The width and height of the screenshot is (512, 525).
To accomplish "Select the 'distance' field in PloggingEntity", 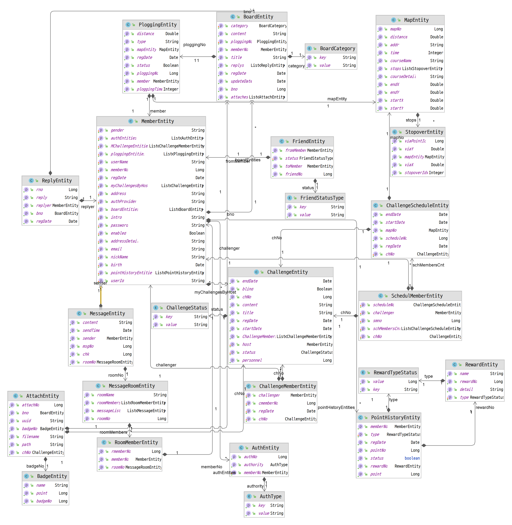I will tap(146, 34).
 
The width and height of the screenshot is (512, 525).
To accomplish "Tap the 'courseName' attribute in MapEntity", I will tap(400, 61).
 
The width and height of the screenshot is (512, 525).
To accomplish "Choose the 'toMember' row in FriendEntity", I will tap(293, 166).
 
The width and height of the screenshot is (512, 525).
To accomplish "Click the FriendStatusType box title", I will tap(322, 198).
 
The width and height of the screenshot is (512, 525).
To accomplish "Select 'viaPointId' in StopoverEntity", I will tap(415, 141).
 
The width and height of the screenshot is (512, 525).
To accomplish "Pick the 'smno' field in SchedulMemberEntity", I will tap(377, 321).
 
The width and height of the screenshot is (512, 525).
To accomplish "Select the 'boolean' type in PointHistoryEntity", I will tap(412, 458).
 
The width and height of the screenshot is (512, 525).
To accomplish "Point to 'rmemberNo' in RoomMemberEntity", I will tap(121, 452).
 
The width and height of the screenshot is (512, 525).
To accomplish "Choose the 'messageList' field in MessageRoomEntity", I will tap(109, 411).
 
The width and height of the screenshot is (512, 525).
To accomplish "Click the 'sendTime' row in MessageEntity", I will tap(91, 330).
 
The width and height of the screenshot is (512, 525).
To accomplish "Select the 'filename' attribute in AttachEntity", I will tap(31, 437).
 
